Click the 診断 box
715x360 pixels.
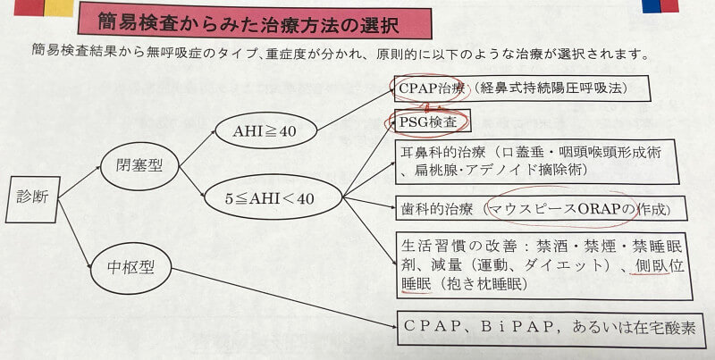point(33,199)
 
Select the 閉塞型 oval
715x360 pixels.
point(139,166)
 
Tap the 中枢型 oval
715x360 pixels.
point(130,268)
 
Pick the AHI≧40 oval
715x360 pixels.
point(265,131)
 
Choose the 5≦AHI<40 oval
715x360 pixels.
point(273,197)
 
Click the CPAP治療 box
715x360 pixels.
point(522,88)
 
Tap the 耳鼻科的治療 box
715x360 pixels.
point(534,163)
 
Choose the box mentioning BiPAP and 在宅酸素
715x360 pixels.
point(551,329)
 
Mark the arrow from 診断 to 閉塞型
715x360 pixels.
point(80,182)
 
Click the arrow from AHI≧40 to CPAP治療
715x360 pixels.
point(355,109)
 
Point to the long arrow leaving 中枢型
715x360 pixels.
point(284,298)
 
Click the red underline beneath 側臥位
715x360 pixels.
point(649,273)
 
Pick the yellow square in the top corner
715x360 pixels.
point(58,8)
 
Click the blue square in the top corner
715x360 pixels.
point(651,6)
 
